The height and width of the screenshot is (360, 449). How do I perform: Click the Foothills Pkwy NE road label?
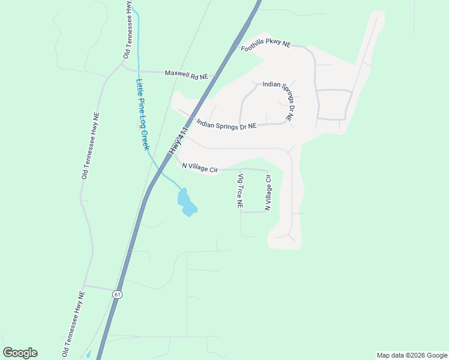pos(265,47)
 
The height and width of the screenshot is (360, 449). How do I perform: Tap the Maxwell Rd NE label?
pos(186,75)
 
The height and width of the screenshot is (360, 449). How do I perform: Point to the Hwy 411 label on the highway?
pos(179,139)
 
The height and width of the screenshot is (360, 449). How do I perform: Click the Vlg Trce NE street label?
pos(240,191)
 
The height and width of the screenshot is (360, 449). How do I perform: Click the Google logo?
pos(20,353)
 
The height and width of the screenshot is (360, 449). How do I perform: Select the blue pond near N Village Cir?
pos(187,203)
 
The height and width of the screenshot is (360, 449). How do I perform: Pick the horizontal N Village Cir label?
pos(199,168)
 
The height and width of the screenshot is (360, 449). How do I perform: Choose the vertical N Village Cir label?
pos(268,193)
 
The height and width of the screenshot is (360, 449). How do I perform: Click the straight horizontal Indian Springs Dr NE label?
pos(226,124)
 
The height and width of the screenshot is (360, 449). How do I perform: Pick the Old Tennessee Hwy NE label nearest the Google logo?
pos(74,324)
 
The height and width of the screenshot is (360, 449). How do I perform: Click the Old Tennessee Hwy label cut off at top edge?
pos(127,30)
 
